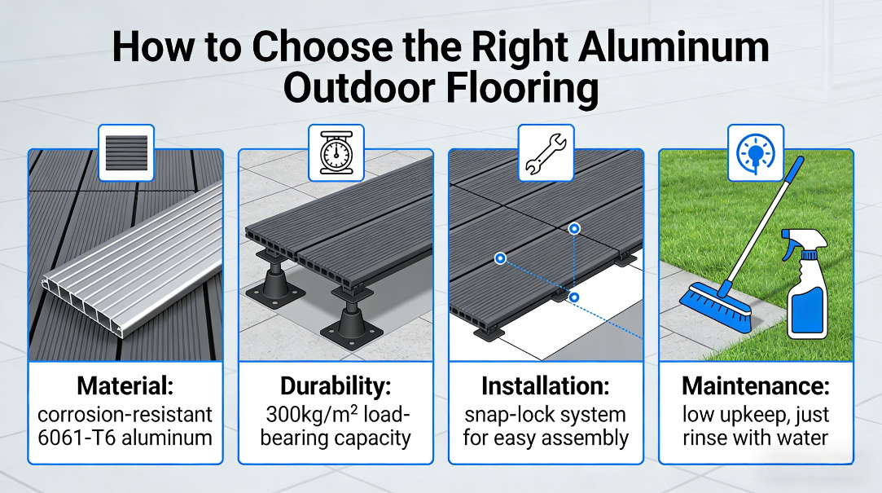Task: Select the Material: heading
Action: pyautogui.click(x=125, y=386)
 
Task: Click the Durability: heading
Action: pyautogui.click(x=336, y=386)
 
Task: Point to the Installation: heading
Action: pyautogui.click(x=546, y=386)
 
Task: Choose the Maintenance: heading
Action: pyautogui.click(x=756, y=386)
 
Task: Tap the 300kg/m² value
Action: pyautogui.click(x=312, y=414)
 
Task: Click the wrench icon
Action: pyautogui.click(x=546, y=153)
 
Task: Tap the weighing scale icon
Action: pyautogui.click(x=336, y=152)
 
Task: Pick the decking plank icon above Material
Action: pyautogui.click(x=126, y=153)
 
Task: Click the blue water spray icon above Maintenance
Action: pyautogui.click(x=756, y=152)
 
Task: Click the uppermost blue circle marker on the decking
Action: pyautogui.click(x=574, y=228)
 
